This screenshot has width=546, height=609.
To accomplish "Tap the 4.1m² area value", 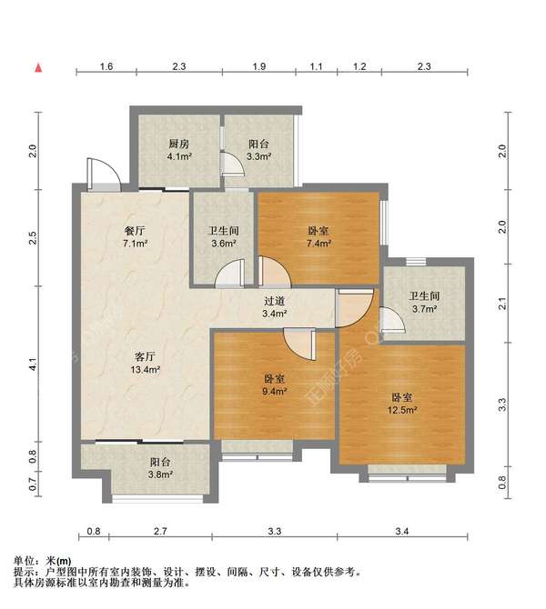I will (x=178, y=156).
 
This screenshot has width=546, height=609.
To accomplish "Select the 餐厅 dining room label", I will (x=135, y=231).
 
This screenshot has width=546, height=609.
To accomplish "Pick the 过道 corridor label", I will (x=275, y=301).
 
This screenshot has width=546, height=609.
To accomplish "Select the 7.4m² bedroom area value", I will (x=318, y=244).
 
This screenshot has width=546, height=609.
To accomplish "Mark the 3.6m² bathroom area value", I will (x=223, y=244).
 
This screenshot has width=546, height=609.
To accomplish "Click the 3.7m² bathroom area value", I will (x=423, y=310).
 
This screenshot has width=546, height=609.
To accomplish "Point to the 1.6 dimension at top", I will (x=106, y=67).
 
